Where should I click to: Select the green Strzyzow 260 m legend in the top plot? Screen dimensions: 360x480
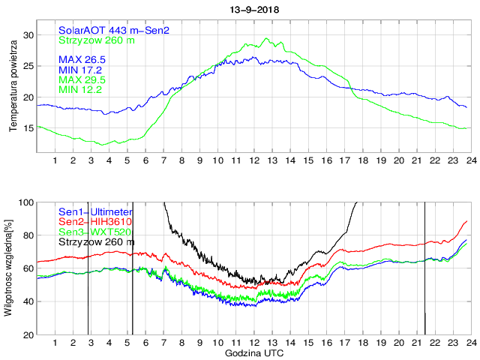point(97,40)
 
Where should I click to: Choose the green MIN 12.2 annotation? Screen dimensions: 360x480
point(80,90)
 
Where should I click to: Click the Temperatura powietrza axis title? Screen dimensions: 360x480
point(13,88)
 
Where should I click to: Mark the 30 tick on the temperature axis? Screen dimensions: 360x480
point(28,35)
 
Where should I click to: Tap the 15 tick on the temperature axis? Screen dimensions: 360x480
point(28,128)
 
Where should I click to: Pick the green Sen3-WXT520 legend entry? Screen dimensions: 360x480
point(94,232)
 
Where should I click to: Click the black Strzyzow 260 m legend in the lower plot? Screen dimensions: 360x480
point(97,241)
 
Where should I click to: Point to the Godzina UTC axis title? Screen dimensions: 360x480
point(252,352)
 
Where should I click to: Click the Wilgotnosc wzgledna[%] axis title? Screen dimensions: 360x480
point(9,268)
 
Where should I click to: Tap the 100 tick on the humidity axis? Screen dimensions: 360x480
point(25,202)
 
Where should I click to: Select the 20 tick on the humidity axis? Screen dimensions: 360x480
point(28,334)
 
